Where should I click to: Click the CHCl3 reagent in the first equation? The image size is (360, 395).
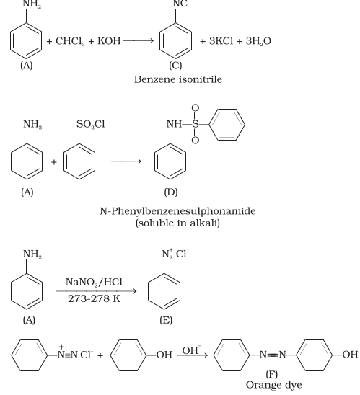coord(70,41)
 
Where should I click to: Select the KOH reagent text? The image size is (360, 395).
coord(109,41)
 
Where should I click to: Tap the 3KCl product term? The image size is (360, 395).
coord(221,41)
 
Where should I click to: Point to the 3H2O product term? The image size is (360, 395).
coord(258,41)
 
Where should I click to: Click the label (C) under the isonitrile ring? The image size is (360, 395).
coord(175,66)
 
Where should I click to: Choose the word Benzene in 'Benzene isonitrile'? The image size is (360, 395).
coord(155,79)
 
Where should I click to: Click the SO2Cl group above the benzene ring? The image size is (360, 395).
coord(91,125)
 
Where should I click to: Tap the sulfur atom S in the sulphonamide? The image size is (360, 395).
coord(196,124)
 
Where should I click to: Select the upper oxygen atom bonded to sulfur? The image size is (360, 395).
coord(196,108)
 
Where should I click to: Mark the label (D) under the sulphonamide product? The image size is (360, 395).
coord(171,192)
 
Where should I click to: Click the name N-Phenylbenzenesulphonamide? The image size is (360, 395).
coord(177,211)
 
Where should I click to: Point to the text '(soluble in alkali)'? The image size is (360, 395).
coord(177,223)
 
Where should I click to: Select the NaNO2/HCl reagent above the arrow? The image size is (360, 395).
coord(94,282)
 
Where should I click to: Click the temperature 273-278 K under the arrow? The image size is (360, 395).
coord(94,298)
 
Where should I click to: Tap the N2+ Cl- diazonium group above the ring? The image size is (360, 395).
coord(175,254)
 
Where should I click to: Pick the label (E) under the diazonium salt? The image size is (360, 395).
coord(166,320)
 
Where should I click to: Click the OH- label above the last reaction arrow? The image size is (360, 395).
coord(191,350)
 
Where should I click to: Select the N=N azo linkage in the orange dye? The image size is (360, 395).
coord(273,355)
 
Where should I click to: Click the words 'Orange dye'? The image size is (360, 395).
coord(273,385)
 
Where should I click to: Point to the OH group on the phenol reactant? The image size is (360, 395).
coord(164,355)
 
